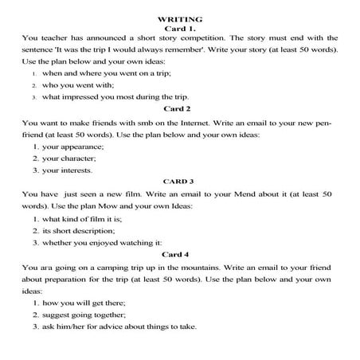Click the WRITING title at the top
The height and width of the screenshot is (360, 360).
coord(180,18)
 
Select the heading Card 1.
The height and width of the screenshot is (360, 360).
coord(179,28)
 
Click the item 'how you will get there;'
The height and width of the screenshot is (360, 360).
coord(86,303)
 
